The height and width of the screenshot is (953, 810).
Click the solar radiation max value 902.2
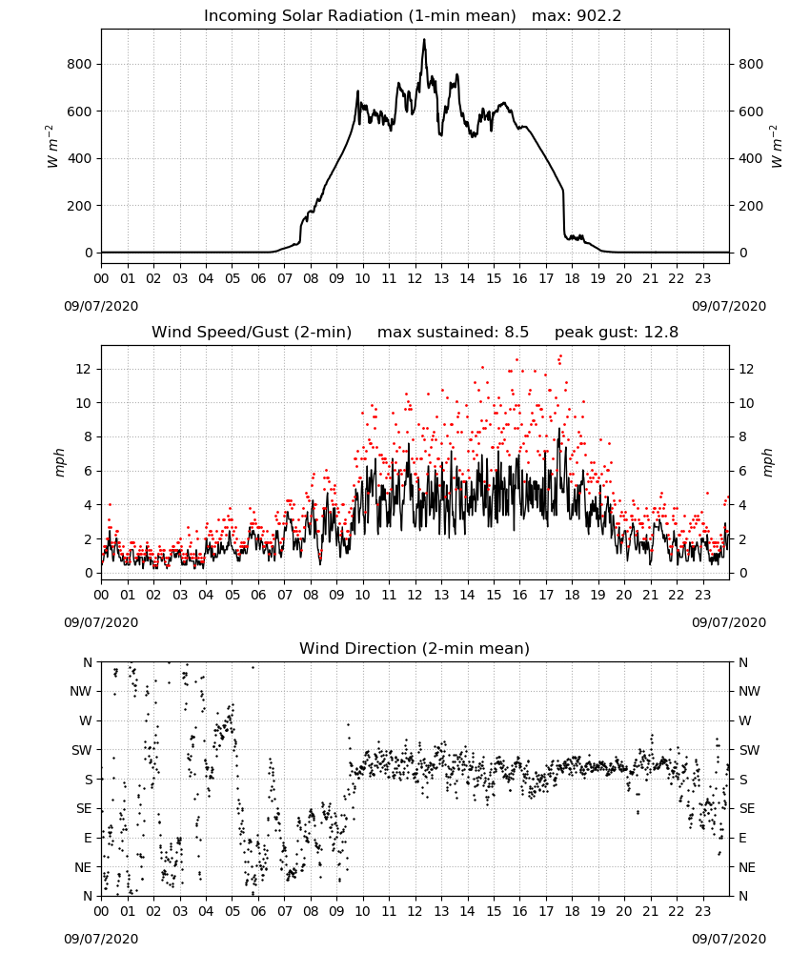(599, 16)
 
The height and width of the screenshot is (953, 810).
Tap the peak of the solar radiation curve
(424, 39)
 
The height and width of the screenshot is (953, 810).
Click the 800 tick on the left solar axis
(80, 65)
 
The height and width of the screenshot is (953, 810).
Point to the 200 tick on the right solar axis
(751, 206)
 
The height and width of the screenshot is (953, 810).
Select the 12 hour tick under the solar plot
(415, 279)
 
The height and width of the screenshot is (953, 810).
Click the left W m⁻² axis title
(52, 147)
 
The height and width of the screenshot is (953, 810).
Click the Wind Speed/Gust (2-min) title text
(252, 333)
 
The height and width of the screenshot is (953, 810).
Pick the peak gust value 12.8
(665, 333)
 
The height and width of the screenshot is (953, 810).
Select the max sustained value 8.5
(516, 333)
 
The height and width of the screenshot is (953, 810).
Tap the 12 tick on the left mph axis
(84, 370)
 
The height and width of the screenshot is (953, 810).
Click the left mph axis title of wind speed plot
(59, 462)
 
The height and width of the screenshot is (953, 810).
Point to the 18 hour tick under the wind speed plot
(572, 595)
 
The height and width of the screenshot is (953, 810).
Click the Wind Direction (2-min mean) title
(415, 648)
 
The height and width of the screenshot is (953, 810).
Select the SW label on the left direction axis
(82, 751)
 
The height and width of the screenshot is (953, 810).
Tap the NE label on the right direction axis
(747, 868)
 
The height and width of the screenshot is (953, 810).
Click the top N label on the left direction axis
(88, 663)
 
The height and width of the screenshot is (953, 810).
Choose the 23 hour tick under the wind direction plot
(702, 912)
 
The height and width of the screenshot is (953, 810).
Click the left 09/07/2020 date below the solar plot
(101, 306)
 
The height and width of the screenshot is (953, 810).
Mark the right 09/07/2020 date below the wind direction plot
(729, 939)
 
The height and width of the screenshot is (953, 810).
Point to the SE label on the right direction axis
(747, 809)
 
